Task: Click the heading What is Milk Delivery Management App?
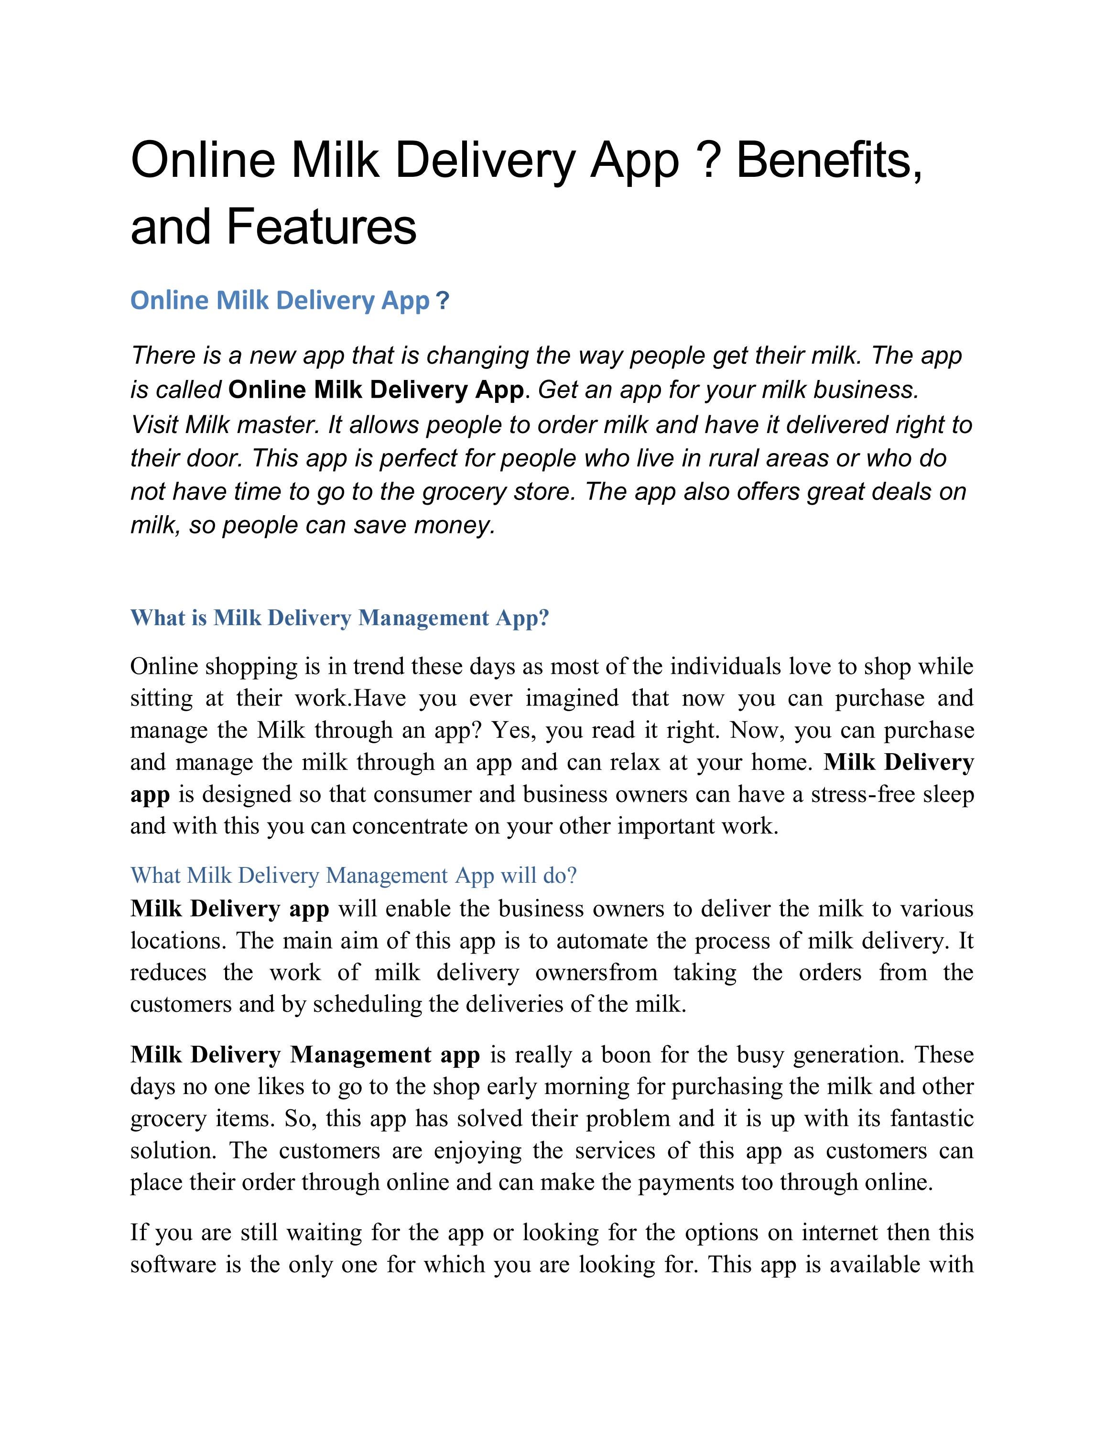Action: pos(339,617)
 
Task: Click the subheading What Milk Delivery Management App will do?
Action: pos(354,876)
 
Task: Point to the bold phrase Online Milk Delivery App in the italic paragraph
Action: pos(376,390)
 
